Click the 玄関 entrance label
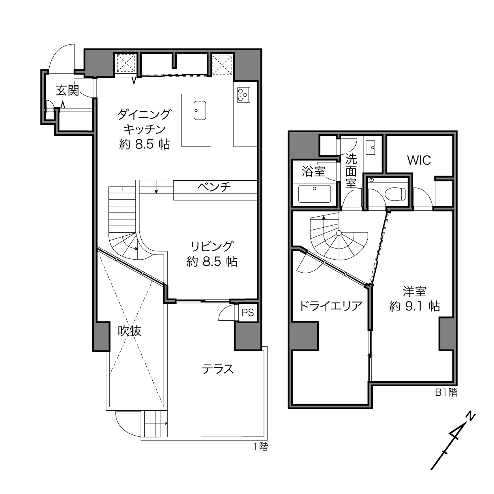pyautogui.click(x=67, y=90)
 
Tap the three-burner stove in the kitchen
pyautogui.click(x=243, y=95)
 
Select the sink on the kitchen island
pyautogui.click(x=200, y=110)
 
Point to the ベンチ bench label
pyautogui.click(x=214, y=187)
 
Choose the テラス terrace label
pyautogui.click(x=218, y=369)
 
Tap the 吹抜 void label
pyautogui.click(x=130, y=331)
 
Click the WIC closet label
pyautogui.click(x=419, y=160)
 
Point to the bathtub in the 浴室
pyautogui.click(x=314, y=194)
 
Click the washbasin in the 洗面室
pyautogui.click(x=370, y=148)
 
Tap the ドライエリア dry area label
pyautogui.click(x=331, y=306)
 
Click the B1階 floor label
pyautogui.click(x=446, y=393)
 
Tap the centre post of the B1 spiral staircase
pyautogui.click(x=339, y=233)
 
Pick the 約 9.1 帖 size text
pyautogui.click(x=415, y=306)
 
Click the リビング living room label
pyautogui.click(x=212, y=246)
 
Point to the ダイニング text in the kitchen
pyautogui.click(x=144, y=114)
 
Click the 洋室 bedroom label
pyautogui.click(x=414, y=292)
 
